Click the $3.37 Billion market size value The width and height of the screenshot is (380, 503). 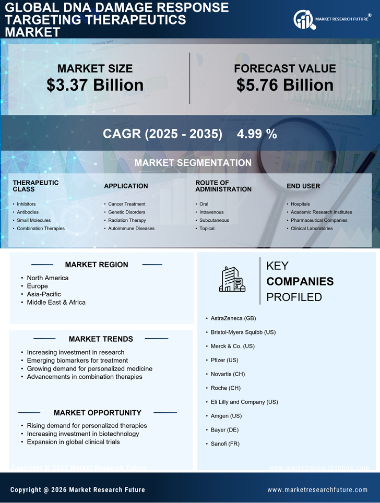95,85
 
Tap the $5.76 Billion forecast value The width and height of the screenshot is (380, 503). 284,85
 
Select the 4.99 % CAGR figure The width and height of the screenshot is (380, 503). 257,134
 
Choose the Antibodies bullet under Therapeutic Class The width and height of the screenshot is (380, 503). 27,212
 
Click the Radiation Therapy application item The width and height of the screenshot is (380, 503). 127,220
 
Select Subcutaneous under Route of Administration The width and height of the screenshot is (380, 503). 214,220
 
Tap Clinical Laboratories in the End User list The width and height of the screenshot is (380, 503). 312,229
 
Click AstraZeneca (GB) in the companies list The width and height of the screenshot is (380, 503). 233,318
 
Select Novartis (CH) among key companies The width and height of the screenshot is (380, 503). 228,374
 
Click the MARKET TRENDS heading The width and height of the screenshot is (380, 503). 101,339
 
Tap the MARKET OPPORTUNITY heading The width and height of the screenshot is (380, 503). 98,413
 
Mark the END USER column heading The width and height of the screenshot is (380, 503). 303,186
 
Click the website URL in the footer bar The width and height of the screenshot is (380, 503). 317,490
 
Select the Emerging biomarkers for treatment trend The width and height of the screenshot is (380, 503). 77,361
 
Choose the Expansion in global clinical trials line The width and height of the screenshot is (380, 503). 73,442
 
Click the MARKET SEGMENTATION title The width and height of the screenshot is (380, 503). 193,163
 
